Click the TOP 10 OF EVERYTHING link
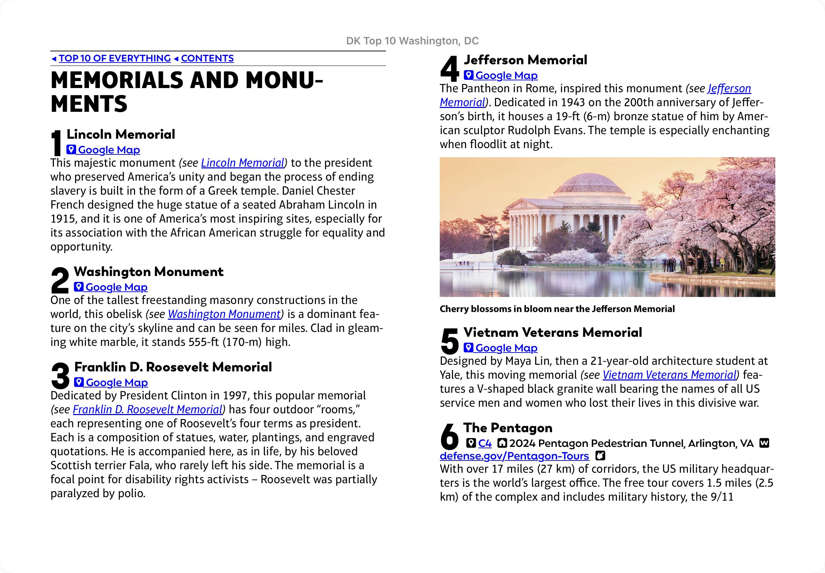(x=115, y=58)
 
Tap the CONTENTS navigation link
(x=207, y=58)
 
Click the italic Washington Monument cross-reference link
(x=224, y=314)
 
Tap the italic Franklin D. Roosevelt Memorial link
(x=148, y=409)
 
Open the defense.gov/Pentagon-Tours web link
(x=514, y=456)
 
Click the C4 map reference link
(x=485, y=443)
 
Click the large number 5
(x=450, y=341)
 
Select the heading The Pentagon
(x=508, y=428)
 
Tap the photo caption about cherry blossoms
(x=557, y=309)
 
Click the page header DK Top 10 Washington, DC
(x=412, y=41)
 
